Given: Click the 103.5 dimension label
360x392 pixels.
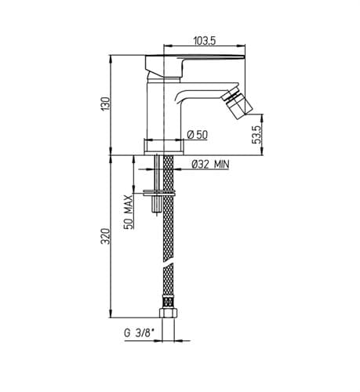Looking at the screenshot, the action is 205,41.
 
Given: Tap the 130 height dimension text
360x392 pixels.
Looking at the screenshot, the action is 106,103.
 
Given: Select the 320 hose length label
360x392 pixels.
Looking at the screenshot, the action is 106,236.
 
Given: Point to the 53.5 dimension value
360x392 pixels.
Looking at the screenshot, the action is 256,134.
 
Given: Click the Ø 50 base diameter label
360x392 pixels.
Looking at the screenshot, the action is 198,135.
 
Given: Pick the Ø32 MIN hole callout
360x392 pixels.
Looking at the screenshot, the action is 210,165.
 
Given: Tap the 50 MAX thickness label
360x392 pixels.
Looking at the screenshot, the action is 128,212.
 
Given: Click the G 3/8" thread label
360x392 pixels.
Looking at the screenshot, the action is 139,333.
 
